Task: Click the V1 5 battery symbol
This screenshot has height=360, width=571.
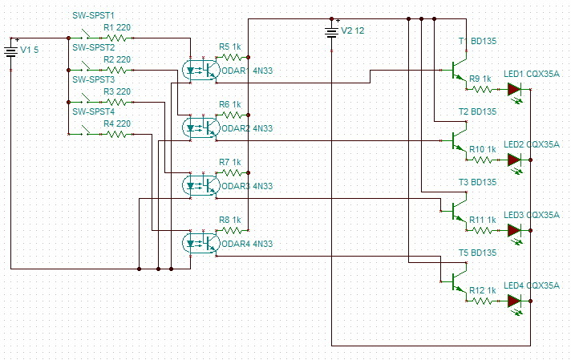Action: (x=11, y=52)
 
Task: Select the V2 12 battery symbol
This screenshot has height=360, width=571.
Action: (x=332, y=33)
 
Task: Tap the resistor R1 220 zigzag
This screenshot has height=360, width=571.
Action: (x=116, y=38)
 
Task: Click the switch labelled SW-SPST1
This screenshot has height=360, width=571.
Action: (x=85, y=35)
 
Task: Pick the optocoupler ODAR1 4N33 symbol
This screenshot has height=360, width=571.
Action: (x=201, y=70)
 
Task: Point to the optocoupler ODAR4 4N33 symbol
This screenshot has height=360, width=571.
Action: (x=201, y=243)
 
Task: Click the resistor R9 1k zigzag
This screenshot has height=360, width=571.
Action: (x=482, y=89)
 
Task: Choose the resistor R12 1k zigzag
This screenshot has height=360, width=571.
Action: (x=482, y=301)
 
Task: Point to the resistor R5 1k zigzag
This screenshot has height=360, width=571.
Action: (x=232, y=57)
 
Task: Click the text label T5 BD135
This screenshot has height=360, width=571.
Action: (x=477, y=253)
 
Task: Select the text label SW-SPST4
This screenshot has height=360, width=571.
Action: (x=94, y=111)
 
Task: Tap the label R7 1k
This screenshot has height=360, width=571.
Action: (x=230, y=162)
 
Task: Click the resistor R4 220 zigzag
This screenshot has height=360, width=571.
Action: (x=116, y=135)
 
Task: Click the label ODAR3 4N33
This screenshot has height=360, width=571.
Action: (x=247, y=186)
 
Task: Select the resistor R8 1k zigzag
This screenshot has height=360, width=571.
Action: (x=232, y=230)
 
